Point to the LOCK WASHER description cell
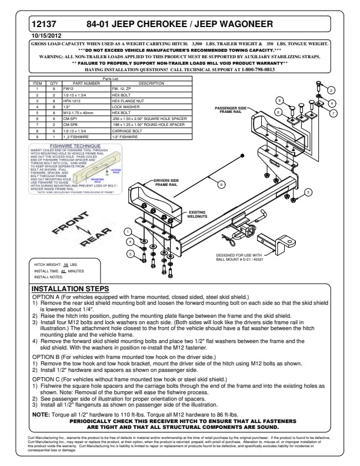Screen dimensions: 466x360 click(x=124, y=106)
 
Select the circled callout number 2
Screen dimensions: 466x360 click(x=331, y=90)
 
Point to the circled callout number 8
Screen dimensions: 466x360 click(x=280, y=101)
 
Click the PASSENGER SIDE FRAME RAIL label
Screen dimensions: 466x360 click(x=235, y=112)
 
